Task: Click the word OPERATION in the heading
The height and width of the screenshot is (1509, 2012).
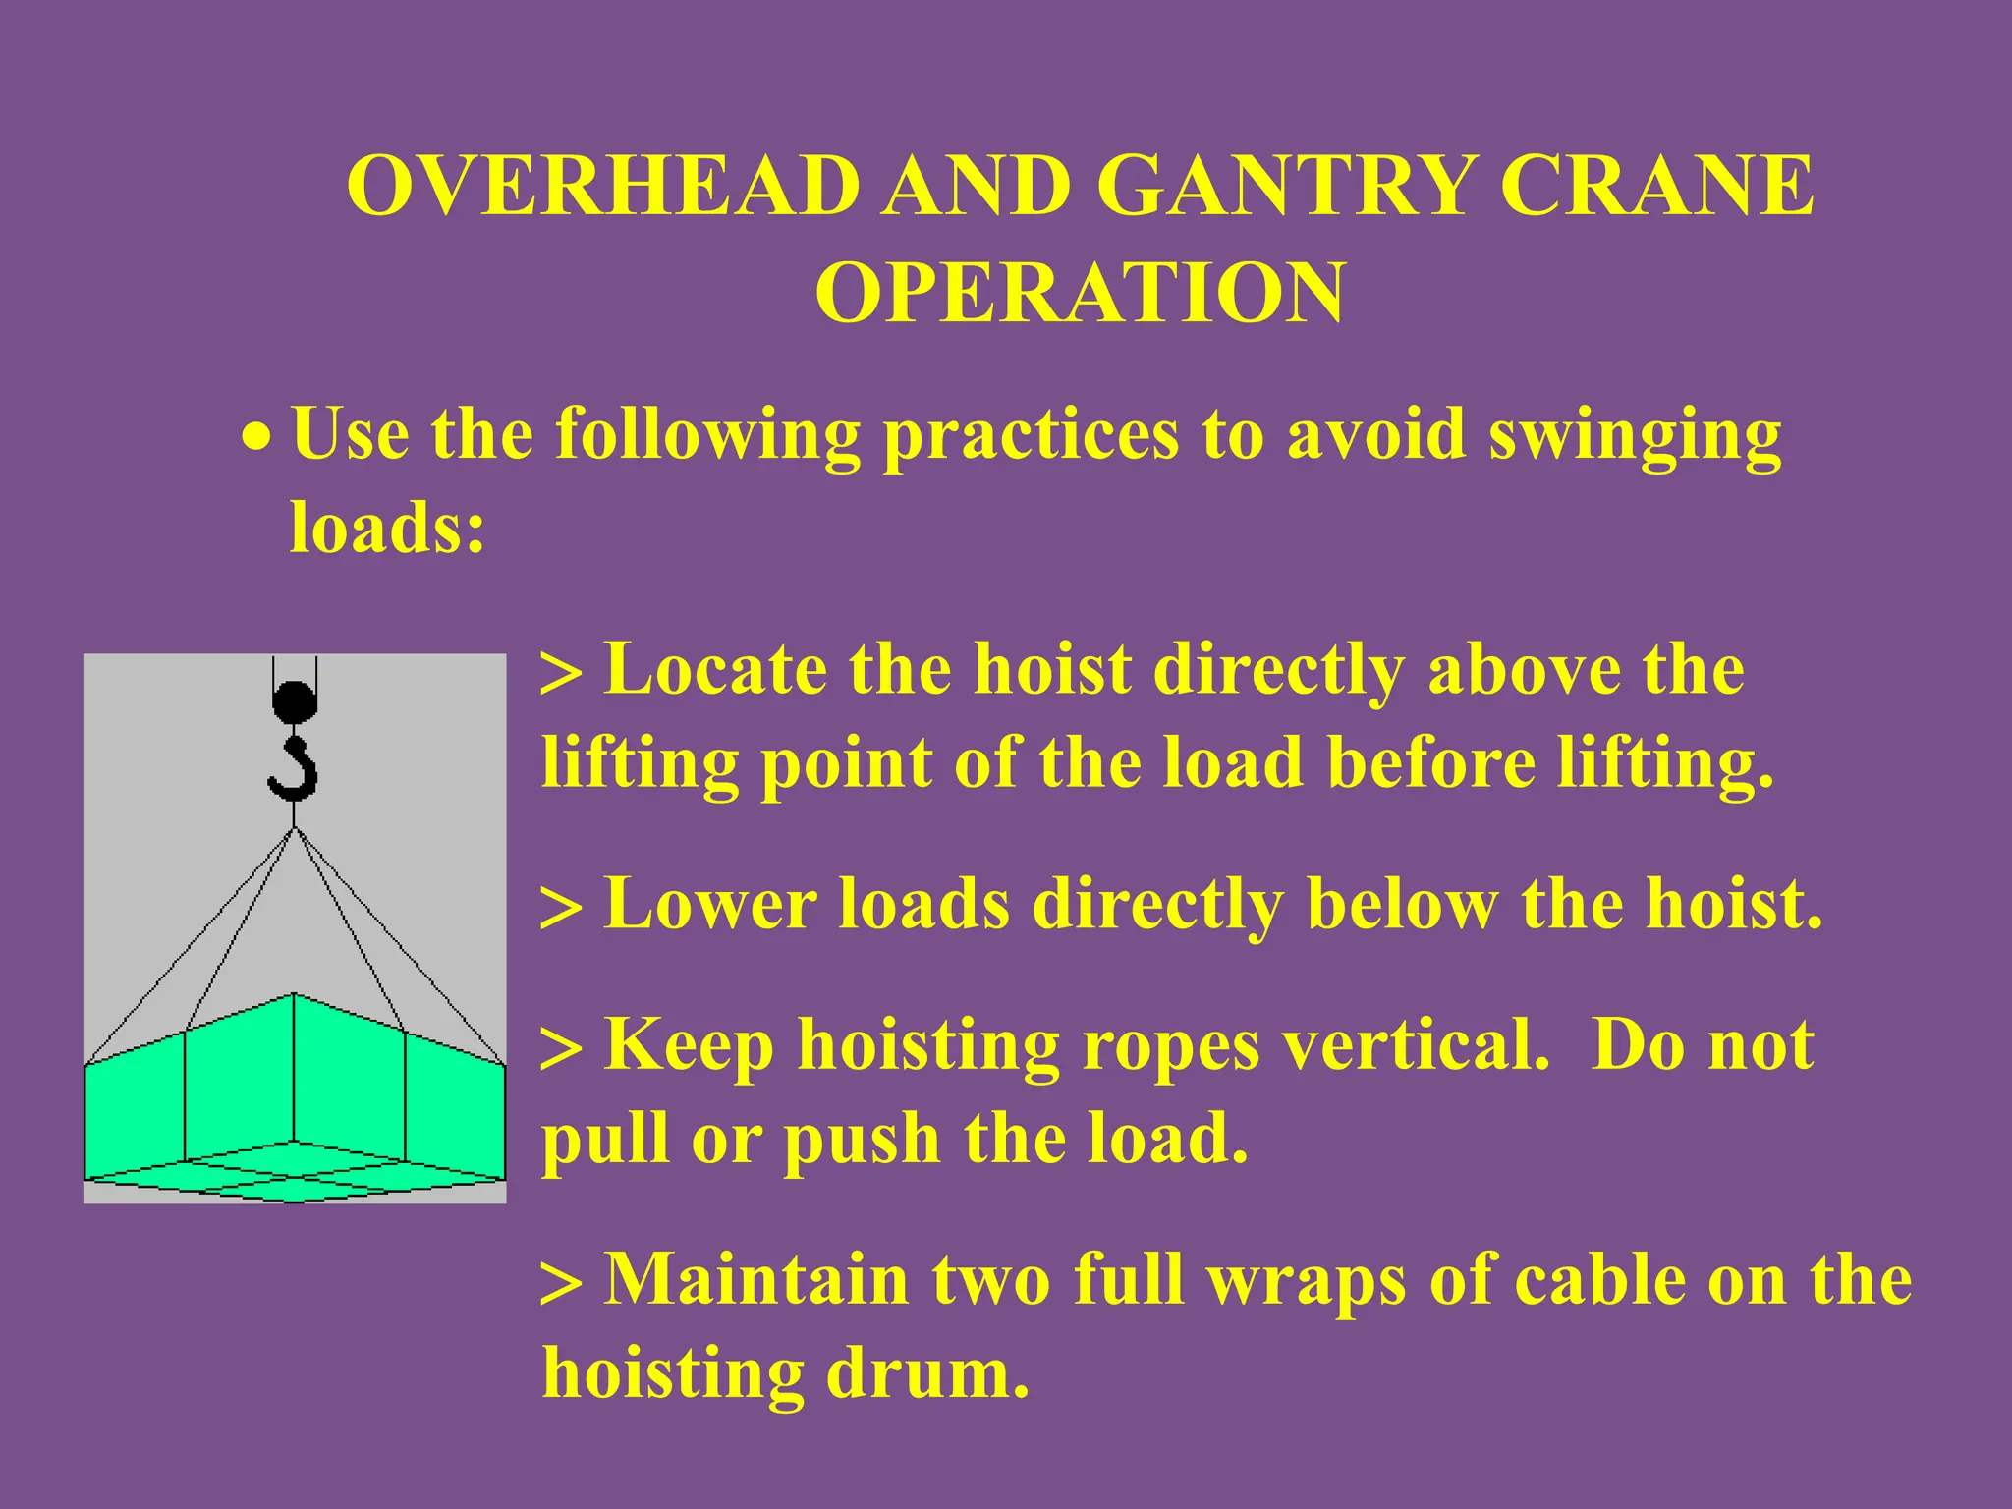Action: pyautogui.click(x=1080, y=293)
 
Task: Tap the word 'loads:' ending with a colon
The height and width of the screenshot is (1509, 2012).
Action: pyautogui.click(x=387, y=527)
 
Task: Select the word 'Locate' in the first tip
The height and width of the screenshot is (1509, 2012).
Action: pyautogui.click(x=715, y=670)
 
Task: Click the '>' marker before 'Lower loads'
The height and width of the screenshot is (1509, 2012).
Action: pyautogui.click(x=561, y=909)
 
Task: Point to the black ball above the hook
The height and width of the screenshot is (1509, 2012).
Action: pyautogui.click(x=294, y=702)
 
